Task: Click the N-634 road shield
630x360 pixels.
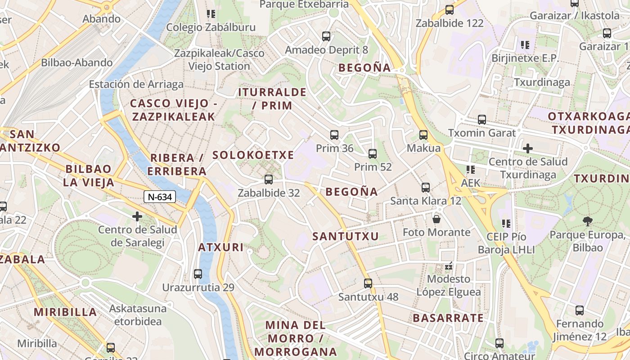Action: click(160, 197)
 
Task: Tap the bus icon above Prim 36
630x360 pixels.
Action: click(334, 135)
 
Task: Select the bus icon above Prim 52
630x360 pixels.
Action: click(373, 154)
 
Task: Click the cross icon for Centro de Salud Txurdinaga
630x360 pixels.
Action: click(528, 148)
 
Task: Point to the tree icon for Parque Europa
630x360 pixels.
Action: click(587, 221)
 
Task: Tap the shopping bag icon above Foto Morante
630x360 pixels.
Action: click(436, 219)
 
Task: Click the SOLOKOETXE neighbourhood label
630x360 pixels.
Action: click(253, 155)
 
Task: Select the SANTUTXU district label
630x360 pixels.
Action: click(346, 236)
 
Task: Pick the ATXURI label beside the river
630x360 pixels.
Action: click(221, 247)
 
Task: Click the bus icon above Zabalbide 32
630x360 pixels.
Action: click(269, 180)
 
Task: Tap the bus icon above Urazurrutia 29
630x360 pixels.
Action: click(198, 274)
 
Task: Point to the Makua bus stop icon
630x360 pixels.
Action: click(423, 135)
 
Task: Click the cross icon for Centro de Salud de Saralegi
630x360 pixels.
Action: click(137, 216)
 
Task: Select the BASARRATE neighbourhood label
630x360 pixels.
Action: click(448, 318)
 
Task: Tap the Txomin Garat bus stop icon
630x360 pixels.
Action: click(482, 120)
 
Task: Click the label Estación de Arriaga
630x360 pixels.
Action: click(136, 84)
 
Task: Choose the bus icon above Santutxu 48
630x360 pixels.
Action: click(368, 283)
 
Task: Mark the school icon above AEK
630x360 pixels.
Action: click(471, 170)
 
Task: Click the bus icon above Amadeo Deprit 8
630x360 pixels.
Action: click(326, 36)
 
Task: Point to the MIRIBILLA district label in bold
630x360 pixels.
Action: click(65, 312)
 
